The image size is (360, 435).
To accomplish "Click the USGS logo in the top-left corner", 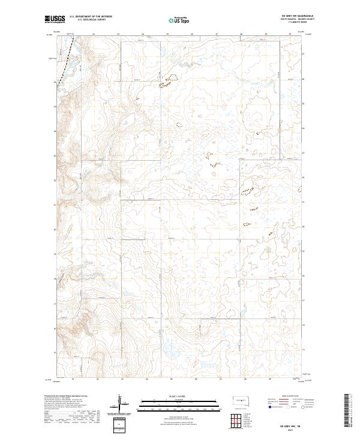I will click(55, 20).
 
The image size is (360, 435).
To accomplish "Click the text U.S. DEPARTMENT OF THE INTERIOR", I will click(91, 17).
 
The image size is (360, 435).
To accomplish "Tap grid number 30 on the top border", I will click(290, 34).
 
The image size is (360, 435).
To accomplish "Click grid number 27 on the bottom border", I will click(220, 379).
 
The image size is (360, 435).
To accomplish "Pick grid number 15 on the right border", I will click(304, 350).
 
